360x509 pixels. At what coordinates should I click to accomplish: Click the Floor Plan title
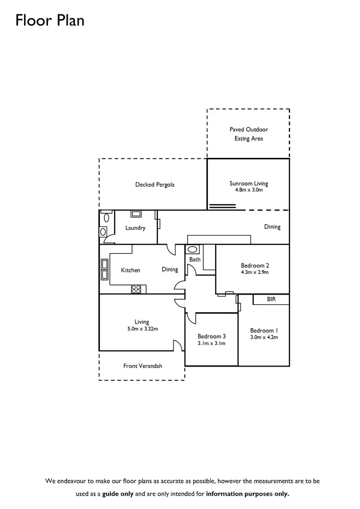pyautogui.click(x=50, y=20)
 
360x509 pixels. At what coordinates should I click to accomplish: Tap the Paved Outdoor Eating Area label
pyautogui.click(x=249, y=134)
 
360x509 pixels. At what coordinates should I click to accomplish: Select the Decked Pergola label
pyautogui.click(x=155, y=184)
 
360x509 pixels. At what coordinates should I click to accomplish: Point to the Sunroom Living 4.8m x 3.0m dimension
pyautogui.click(x=249, y=190)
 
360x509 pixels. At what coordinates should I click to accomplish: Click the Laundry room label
pyautogui.click(x=135, y=228)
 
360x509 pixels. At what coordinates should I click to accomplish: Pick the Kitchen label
pyautogui.click(x=131, y=270)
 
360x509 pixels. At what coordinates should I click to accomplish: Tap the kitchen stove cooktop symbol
pyautogui.click(x=136, y=289)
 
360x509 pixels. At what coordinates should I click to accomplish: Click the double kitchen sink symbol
pyautogui.click(x=105, y=270)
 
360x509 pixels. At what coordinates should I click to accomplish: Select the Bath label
pyautogui.click(x=195, y=260)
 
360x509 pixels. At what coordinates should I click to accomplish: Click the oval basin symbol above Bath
pyautogui.click(x=192, y=249)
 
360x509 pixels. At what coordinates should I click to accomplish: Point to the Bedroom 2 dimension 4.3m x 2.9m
pyautogui.click(x=255, y=272)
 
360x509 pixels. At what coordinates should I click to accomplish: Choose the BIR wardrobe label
pyautogui.click(x=271, y=299)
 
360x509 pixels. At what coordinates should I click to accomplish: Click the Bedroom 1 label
pyautogui.click(x=264, y=331)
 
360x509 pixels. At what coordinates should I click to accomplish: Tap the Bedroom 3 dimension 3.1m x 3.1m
pyautogui.click(x=212, y=343)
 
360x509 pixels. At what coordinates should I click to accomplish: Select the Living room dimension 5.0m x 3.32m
pyautogui.click(x=143, y=329)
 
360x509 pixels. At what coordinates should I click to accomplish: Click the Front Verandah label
pyautogui.click(x=143, y=366)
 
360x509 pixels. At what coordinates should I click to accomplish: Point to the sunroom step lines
pyautogui.click(x=223, y=206)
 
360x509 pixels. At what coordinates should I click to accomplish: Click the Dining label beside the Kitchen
pyautogui.click(x=170, y=270)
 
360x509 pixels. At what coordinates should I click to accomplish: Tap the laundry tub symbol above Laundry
pyautogui.click(x=136, y=213)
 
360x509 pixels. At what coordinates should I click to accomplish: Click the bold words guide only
pyautogui.click(x=118, y=494)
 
